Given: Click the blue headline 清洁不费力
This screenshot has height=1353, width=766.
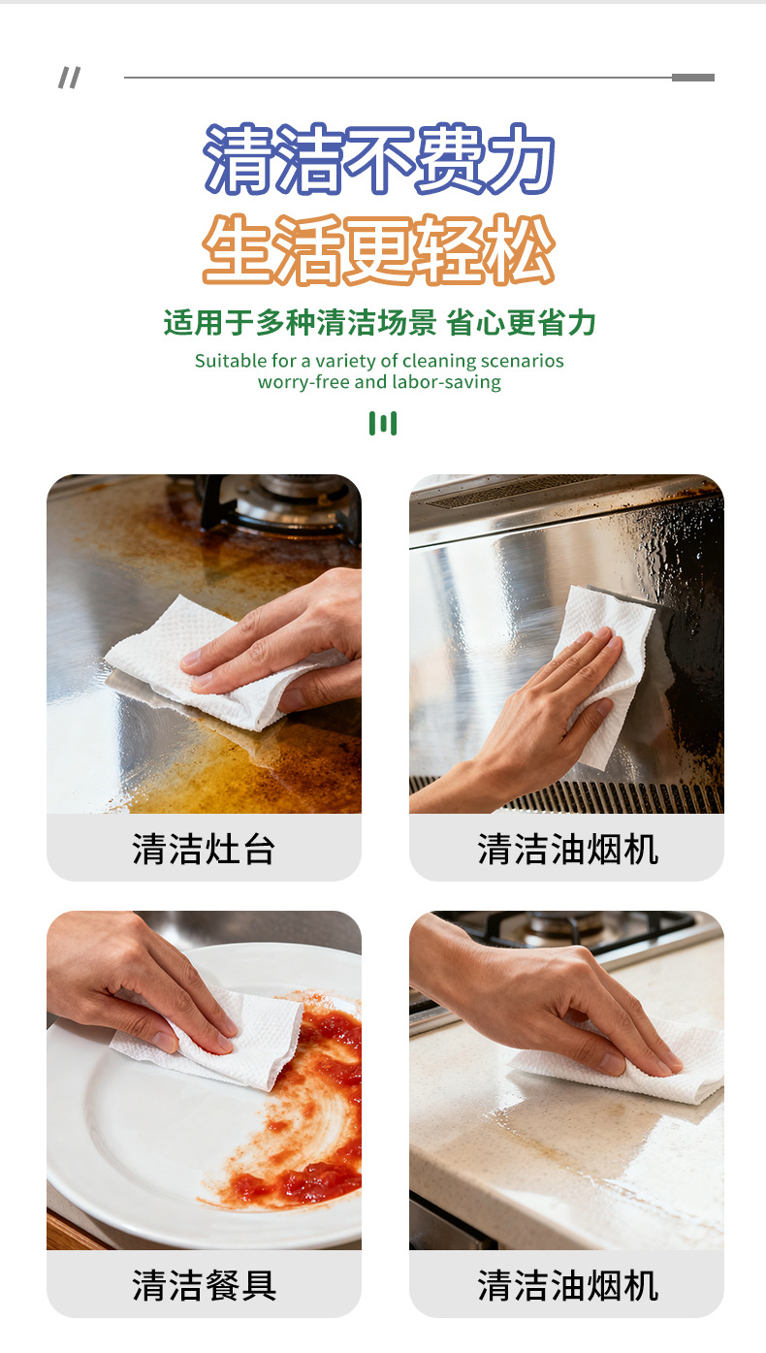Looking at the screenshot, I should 379,159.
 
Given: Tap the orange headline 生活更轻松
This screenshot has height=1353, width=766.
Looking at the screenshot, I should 379,249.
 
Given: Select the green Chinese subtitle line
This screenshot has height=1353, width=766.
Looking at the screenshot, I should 379,323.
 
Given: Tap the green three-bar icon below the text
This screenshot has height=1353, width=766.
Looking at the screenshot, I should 382,423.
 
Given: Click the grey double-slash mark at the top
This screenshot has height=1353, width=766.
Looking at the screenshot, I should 69,78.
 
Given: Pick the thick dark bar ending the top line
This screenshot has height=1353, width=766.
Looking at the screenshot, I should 692,78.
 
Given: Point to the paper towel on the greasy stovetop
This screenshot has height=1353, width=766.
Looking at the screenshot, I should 194,660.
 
